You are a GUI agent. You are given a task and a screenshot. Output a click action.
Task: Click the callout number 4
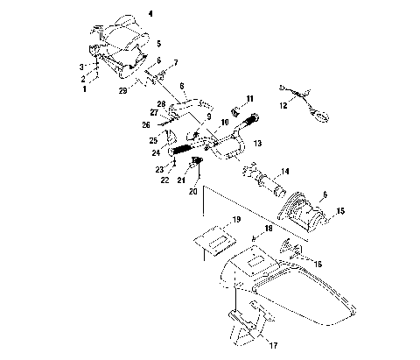point(150,15)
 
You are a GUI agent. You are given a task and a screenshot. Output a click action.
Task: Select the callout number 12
point(282,105)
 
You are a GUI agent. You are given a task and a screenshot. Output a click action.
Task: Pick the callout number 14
point(284,173)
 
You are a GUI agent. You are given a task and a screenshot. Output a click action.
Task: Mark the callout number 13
point(256,142)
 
